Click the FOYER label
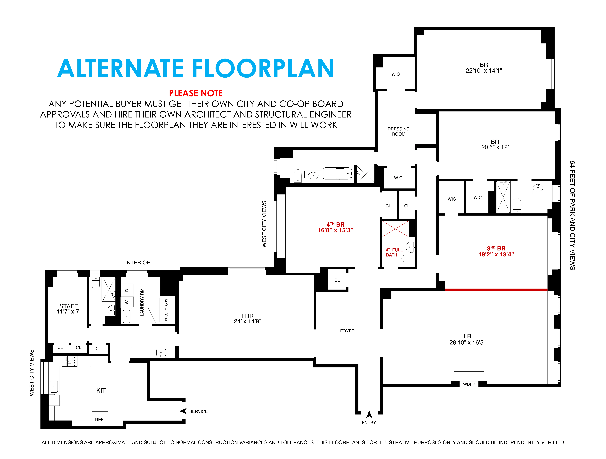tap(347, 331)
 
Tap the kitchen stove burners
tap(69, 362)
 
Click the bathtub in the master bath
tap(337, 174)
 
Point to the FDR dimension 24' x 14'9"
tap(247, 321)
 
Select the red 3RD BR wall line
tap(496, 289)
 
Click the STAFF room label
tap(68, 306)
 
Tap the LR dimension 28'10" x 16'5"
tap(467, 342)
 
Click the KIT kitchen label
tap(101, 391)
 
